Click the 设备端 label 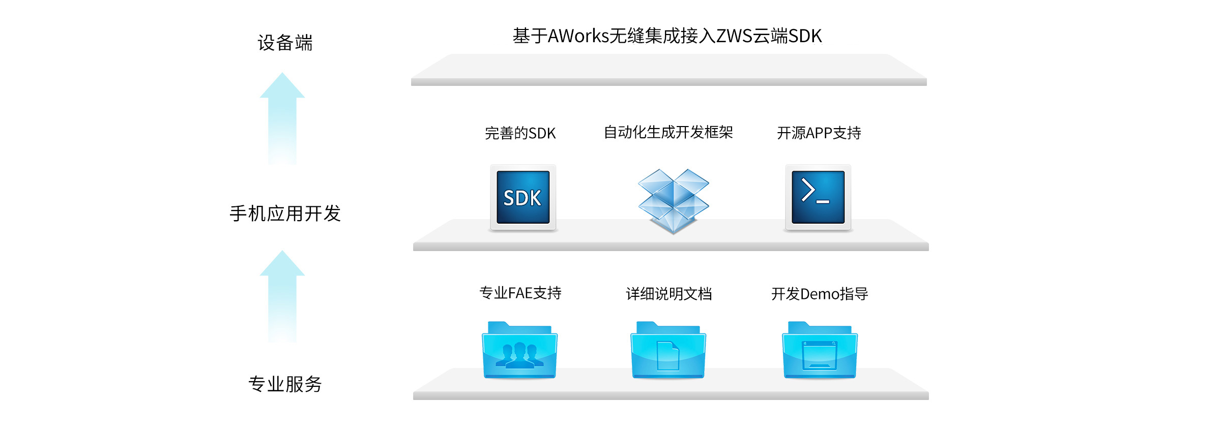[285, 43]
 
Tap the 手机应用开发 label [285, 213]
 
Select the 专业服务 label [285, 384]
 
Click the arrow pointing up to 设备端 [282, 119]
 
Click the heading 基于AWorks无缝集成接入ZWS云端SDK [667, 36]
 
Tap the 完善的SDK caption [520, 133]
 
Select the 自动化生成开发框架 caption [668, 133]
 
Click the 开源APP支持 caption [819, 133]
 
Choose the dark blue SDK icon [523, 197]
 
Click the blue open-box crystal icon [673, 200]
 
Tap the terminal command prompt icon [818, 197]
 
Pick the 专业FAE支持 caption [520, 293]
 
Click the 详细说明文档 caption [668, 294]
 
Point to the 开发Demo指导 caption [819, 294]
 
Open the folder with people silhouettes [519, 351]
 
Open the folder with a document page [668, 351]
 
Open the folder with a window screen [819, 351]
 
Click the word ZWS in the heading [734, 36]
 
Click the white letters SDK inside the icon [522, 198]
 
